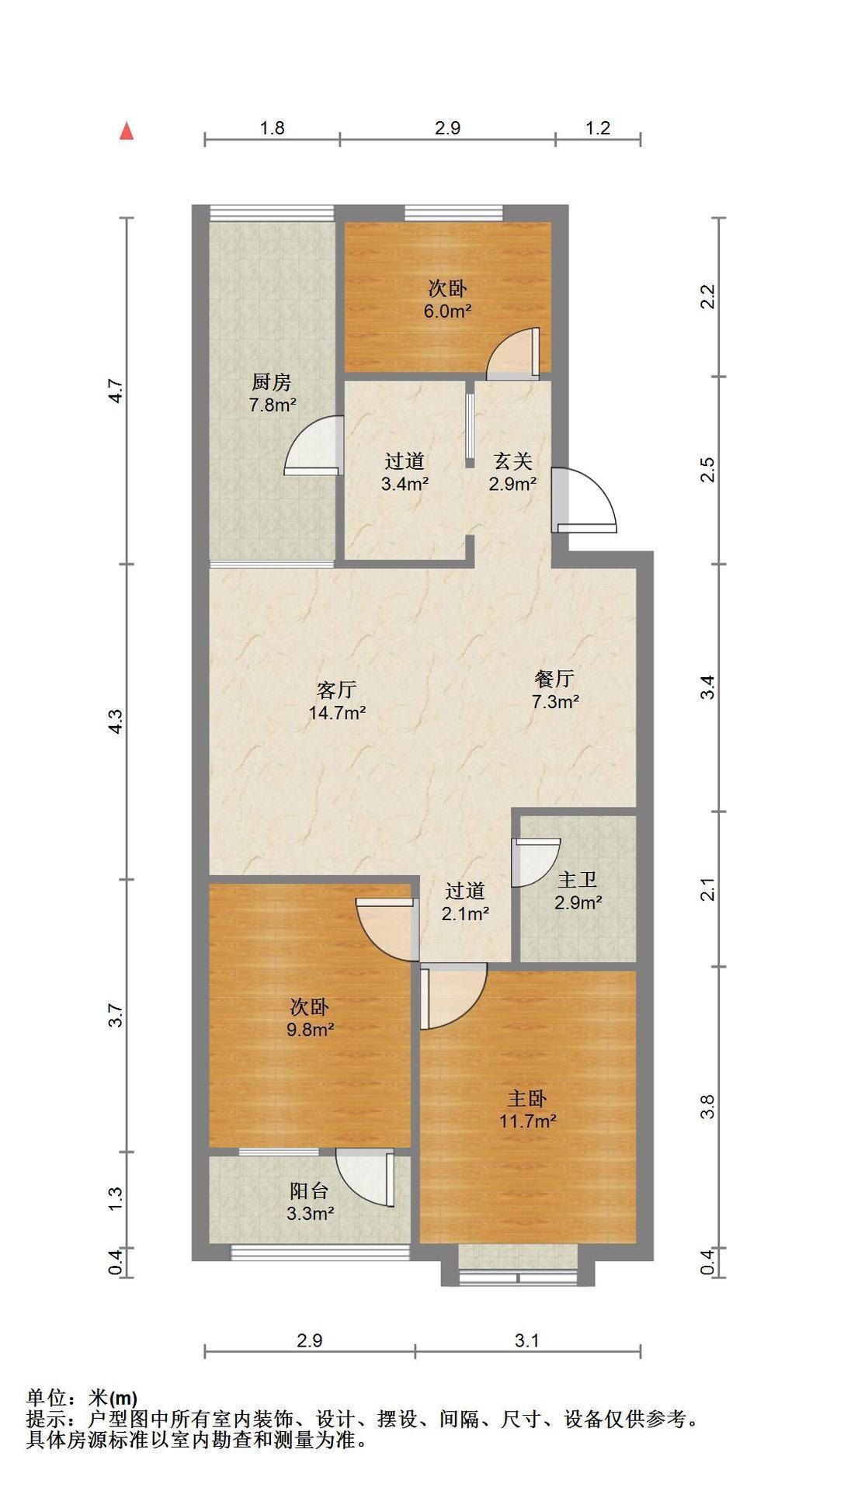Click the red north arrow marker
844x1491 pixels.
(127, 131)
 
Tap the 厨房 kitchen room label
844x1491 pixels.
(271, 382)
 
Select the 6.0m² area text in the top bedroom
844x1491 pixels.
(448, 311)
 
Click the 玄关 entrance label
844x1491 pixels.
(512, 461)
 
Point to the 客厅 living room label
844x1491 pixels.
(337, 690)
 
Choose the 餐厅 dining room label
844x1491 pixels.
(554, 679)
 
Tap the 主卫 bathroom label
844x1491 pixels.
(578, 880)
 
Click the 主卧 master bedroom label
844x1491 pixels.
(527, 1098)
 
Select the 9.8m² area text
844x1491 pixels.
(309, 1030)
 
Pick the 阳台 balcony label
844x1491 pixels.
(309, 1190)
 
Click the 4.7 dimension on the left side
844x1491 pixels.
(114, 390)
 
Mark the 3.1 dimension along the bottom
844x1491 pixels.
(526, 1340)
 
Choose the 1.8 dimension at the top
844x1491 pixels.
(272, 128)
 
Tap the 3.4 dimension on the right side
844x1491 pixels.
(707, 688)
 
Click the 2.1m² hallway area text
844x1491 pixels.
(465, 914)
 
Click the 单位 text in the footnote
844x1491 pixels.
(47, 1398)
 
